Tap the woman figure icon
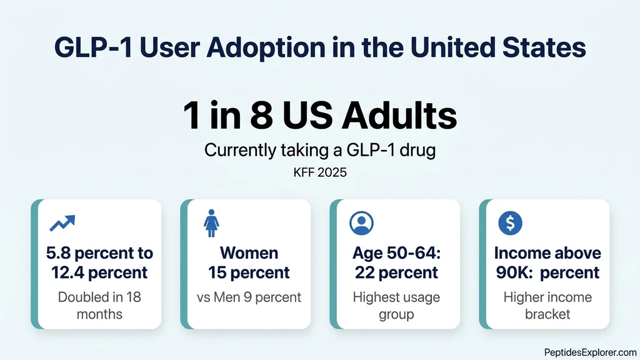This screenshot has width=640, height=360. click(x=211, y=223)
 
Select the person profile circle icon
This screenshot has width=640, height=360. click(x=361, y=223)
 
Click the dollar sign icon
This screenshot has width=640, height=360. click(x=511, y=223)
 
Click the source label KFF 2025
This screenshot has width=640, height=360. click(x=319, y=172)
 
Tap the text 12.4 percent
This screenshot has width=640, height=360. click(x=99, y=272)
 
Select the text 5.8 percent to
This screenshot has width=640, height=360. click(x=99, y=253)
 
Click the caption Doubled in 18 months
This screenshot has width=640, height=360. click(x=99, y=305)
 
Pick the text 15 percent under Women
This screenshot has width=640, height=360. click(x=249, y=272)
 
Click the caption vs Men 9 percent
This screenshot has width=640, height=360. click(x=249, y=297)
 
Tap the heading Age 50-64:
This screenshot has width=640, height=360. click(x=396, y=253)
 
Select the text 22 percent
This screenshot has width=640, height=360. click(x=396, y=272)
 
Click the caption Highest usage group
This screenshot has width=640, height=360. click(x=396, y=305)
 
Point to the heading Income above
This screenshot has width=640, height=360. click(x=547, y=253)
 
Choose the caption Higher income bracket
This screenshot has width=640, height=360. click(x=547, y=305)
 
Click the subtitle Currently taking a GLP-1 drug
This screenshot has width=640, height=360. click(x=319, y=151)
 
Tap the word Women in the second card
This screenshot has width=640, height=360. click(x=249, y=253)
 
